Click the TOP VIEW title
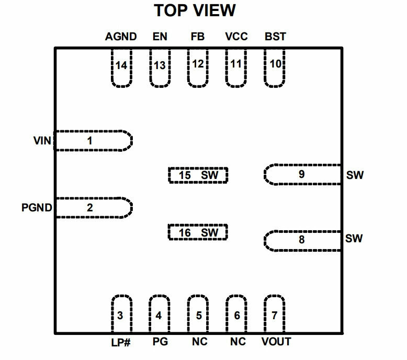195,10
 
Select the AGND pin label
121,37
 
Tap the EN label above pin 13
160,37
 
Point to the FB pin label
198,37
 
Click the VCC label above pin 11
236,37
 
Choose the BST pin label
275,37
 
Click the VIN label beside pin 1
42,141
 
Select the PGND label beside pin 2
37,208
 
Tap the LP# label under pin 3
121,343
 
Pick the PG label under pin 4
160,342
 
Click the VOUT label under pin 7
276,342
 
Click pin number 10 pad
275,67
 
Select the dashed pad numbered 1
94,141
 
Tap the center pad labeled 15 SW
198,175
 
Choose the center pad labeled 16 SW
198,232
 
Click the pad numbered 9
302,174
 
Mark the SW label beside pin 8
354,238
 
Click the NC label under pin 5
200,342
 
